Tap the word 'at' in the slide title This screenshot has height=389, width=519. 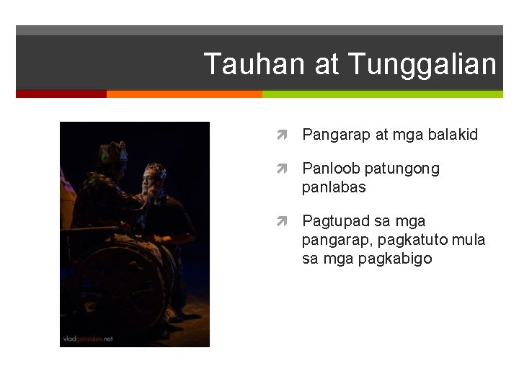coord(327,64)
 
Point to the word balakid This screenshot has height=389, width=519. coord(453,135)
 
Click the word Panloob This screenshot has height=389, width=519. coord(331,169)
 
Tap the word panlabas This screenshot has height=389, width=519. coord(334,187)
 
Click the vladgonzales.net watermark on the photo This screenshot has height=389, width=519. coord(87,338)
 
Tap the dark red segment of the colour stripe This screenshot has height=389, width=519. coord(61,94)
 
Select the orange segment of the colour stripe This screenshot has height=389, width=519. coord(184,94)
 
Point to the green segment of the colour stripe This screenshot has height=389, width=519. coord(382,94)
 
